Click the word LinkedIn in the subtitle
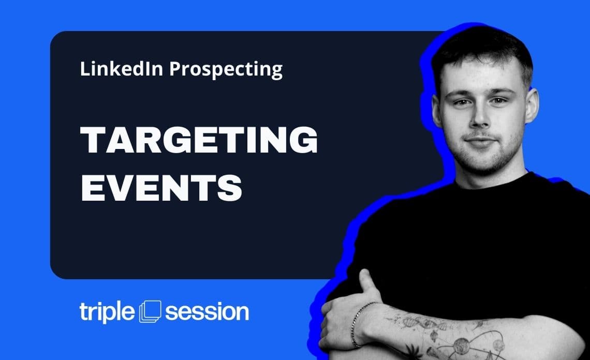(121, 69)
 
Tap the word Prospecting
(226, 70)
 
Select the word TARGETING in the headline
(199, 140)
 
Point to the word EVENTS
(161, 187)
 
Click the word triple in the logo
(107, 312)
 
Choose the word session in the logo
(207, 312)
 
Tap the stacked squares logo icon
(150, 311)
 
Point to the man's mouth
(480, 142)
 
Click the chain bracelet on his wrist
(359, 323)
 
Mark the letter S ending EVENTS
(229, 187)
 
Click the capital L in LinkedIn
(85, 69)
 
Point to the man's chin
(483, 162)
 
